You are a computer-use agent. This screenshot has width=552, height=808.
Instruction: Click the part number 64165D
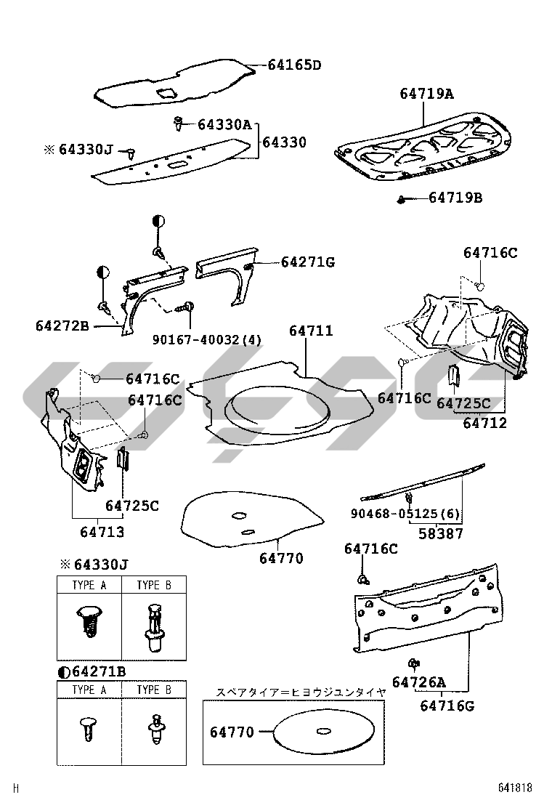pyautogui.click(x=294, y=65)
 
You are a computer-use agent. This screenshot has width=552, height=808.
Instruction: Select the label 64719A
pyautogui.click(x=426, y=94)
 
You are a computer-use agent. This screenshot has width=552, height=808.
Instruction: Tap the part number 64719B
pyautogui.click(x=455, y=198)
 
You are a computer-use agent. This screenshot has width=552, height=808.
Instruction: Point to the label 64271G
pyautogui.click(x=308, y=262)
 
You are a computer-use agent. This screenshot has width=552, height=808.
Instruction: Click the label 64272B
pyautogui.click(x=62, y=326)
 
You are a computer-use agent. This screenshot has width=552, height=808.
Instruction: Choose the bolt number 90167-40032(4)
pyautogui.click(x=207, y=339)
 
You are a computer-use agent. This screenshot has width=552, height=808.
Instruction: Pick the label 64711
pyautogui.click(x=311, y=331)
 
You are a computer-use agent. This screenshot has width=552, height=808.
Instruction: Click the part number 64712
pyautogui.click(x=485, y=423)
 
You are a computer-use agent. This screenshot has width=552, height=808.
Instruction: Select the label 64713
pyautogui.click(x=102, y=532)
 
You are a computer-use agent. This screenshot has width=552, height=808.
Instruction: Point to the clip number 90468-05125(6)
pyautogui.click(x=405, y=514)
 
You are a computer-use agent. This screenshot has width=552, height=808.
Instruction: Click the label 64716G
pyautogui.click(x=447, y=705)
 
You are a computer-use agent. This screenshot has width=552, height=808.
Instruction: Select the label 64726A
pyautogui.click(x=418, y=682)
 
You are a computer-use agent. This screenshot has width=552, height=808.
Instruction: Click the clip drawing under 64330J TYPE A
pyautogui.click(x=89, y=620)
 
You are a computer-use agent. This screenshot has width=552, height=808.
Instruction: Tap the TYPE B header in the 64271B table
pyautogui.click(x=153, y=690)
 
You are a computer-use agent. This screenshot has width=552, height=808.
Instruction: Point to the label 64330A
pyautogui.click(x=224, y=125)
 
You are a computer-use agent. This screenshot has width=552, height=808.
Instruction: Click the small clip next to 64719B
pyautogui.click(x=402, y=199)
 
